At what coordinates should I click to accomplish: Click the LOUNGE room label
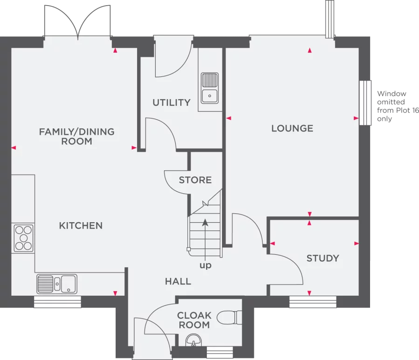292,129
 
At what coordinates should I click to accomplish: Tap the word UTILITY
172,102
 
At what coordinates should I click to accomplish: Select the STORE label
195,180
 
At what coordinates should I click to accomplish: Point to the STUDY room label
323,258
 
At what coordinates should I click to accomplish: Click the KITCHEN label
81,226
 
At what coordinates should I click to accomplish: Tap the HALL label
178,281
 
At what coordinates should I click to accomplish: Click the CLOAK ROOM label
194,320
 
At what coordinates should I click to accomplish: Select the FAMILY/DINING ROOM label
77,136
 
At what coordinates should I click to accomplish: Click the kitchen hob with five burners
23,238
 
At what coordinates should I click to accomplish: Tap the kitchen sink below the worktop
57,284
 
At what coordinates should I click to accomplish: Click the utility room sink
210,88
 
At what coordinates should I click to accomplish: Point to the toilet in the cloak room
229,318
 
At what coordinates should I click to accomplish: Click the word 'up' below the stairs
205,265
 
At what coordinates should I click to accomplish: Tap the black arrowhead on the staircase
205,223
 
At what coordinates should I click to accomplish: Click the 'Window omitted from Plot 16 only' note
398,106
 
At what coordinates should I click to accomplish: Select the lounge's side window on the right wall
365,103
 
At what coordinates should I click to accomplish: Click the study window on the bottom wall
313,301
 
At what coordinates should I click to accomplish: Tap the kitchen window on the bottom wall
57,301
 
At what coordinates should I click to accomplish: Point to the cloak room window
220,352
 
